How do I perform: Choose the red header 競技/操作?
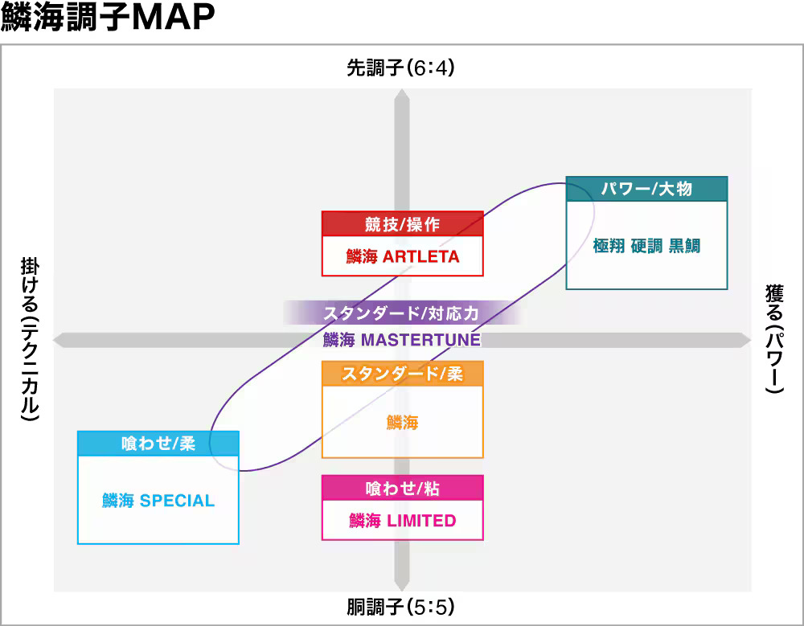tap(402, 223)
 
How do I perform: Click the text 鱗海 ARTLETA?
tap(402, 257)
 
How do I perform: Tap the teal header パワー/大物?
tap(646, 189)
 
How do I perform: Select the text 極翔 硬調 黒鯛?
tap(646, 246)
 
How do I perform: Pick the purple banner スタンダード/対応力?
tap(402, 312)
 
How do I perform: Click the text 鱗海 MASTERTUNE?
tap(402, 340)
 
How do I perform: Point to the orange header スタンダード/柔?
tap(402, 374)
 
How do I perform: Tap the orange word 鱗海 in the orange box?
tap(402, 422)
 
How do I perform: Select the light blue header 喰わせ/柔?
tap(158, 444)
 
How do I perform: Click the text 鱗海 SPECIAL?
tap(158, 501)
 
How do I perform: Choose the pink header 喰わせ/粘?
tap(402, 488)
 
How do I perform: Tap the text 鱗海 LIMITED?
tap(402, 521)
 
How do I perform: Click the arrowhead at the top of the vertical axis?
tap(401, 95)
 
